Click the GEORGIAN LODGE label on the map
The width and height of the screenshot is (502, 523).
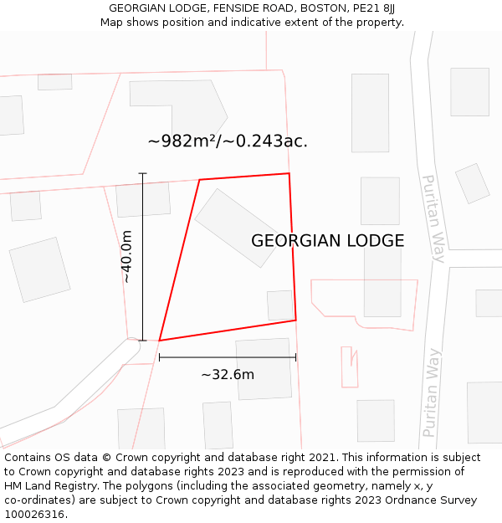(x=327, y=241)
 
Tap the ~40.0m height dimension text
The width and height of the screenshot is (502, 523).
(x=127, y=256)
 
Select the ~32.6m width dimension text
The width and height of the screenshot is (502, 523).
(x=228, y=374)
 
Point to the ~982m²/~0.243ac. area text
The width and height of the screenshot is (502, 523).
(x=228, y=141)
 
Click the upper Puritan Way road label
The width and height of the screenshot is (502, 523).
(x=433, y=218)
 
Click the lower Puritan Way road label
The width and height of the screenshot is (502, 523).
(x=431, y=392)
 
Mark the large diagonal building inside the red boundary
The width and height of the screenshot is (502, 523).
(x=237, y=228)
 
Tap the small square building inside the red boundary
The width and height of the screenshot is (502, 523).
(x=280, y=305)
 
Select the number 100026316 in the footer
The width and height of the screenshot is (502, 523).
(x=34, y=515)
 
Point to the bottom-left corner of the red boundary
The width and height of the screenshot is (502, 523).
(x=159, y=341)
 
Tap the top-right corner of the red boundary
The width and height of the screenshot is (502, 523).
(x=289, y=173)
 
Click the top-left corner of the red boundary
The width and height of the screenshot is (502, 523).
(x=199, y=179)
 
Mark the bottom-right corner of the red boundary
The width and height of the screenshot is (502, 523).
(x=295, y=320)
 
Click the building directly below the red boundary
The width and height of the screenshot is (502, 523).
(x=263, y=369)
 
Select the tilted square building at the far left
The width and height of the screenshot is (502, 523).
(x=39, y=269)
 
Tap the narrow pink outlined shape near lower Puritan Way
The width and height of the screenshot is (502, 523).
(x=349, y=367)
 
